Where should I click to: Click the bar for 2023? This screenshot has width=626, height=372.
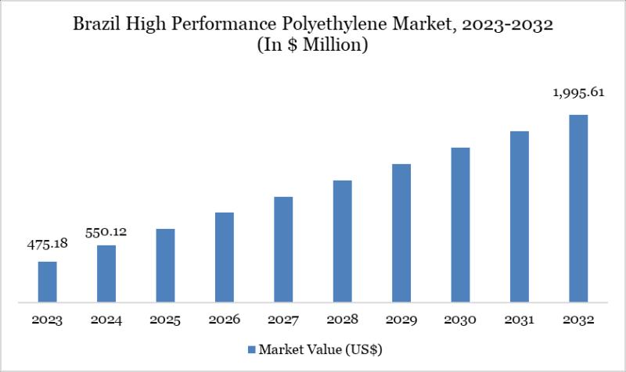48,281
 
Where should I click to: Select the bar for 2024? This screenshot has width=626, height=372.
106,274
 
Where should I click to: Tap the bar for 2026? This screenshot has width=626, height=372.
225,257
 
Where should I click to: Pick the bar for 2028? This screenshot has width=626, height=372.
342,241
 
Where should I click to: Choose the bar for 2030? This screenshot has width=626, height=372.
460,224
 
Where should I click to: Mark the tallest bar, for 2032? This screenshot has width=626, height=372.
577,208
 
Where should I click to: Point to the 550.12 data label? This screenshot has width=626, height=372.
106,231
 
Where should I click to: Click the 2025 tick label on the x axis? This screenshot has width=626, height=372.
166,320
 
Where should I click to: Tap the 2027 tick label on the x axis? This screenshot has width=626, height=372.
283,320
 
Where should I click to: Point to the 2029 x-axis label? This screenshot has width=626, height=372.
401,320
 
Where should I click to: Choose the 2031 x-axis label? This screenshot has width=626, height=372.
519,320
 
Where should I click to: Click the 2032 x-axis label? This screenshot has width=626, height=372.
577,320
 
